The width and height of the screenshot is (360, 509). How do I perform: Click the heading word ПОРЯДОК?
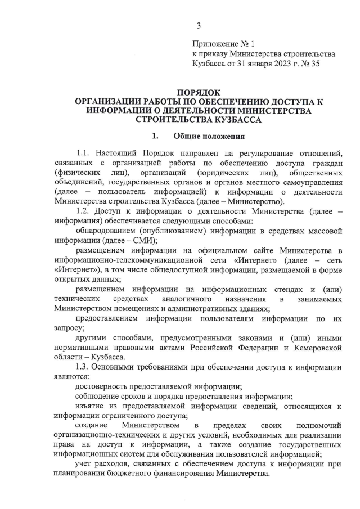tap(199, 92)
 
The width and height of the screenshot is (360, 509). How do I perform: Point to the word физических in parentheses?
tap(78, 172)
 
